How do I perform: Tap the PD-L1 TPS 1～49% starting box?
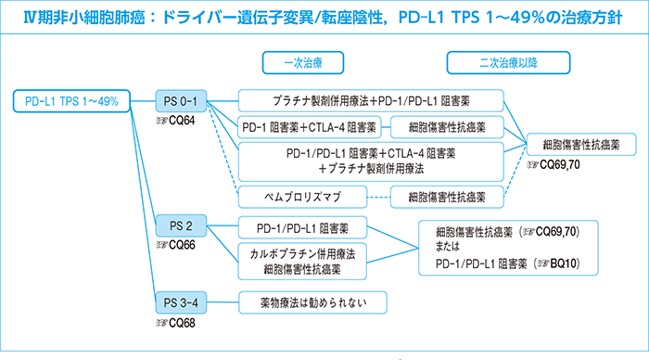[72, 100]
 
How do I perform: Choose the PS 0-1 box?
[181, 101]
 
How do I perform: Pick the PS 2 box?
[181, 225]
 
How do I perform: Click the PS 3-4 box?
[181, 302]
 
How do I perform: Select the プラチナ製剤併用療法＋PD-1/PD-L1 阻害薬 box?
[371, 100]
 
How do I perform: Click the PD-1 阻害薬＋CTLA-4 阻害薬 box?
[310, 126]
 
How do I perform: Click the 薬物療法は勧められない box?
[303, 302]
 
